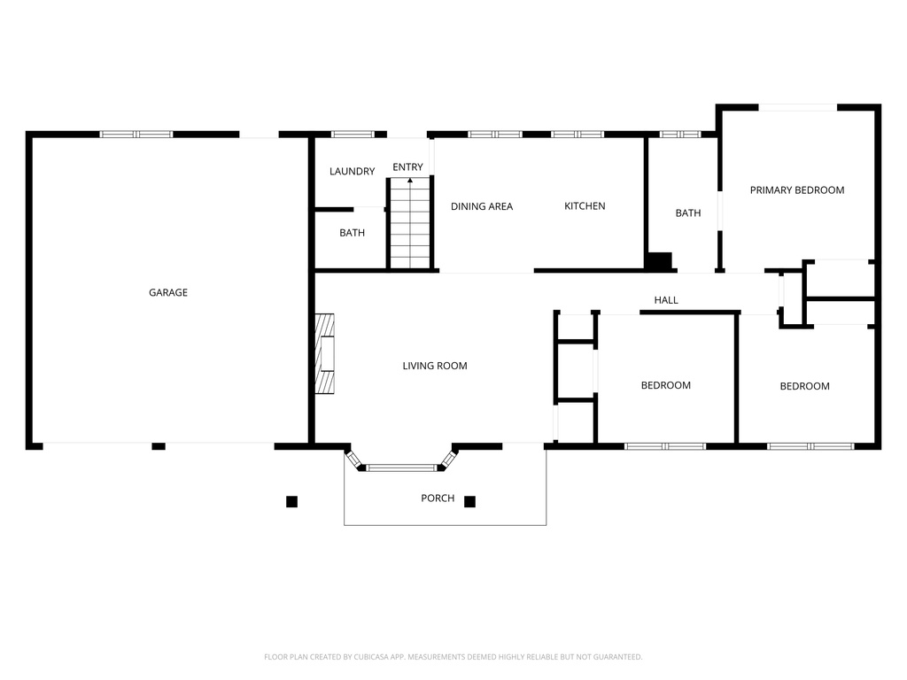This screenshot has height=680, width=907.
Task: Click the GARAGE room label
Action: pos(167,292)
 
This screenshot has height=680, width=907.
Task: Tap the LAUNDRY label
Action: pos(352,171)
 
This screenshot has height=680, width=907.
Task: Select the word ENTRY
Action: pos(407,167)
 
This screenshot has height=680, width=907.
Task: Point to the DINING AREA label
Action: pos(481,206)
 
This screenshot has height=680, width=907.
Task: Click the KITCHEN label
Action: pos(585,206)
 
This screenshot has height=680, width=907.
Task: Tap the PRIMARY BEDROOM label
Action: pos(796,189)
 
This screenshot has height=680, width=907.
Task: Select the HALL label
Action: pos(666,300)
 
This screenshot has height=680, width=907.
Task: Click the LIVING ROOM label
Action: pos(434,366)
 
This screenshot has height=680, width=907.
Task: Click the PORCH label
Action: pos(437,498)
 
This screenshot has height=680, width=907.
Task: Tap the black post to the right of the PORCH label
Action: pos(470,501)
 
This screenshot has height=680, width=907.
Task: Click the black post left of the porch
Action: pos(291,501)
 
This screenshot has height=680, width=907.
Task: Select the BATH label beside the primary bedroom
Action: pos(687,213)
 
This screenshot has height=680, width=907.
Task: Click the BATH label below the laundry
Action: pos(352,234)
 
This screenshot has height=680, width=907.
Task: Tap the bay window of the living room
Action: pos(402,467)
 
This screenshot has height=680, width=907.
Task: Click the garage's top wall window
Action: pos(136,135)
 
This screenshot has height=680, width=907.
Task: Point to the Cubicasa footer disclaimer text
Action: pos(453,657)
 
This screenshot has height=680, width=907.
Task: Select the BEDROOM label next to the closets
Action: pos(665,385)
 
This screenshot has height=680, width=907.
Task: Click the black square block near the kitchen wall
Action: pos(660,262)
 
